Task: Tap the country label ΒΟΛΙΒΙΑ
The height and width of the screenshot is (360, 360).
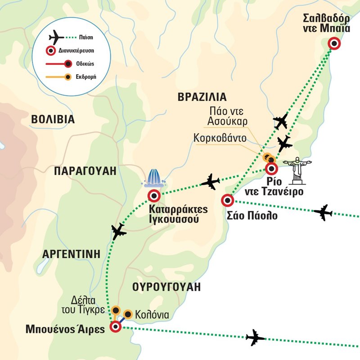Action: [x=53, y=119]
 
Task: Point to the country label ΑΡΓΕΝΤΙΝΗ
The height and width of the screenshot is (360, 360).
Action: [x=70, y=254]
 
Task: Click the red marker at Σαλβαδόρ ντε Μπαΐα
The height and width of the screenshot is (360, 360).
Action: [x=334, y=44]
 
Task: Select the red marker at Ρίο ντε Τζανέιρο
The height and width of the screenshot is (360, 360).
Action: [x=271, y=169]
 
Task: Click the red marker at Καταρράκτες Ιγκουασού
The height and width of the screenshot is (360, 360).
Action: [x=154, y=196]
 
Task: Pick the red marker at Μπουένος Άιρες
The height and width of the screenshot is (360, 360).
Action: [x=116, y=327]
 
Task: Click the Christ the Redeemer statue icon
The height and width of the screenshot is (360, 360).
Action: [x=297, y=170]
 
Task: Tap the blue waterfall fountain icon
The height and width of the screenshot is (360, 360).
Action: [x=154, y=178]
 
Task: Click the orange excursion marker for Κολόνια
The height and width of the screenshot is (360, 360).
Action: [x=128, y=314]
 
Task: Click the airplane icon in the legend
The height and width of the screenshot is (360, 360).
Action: [x=56, y=36]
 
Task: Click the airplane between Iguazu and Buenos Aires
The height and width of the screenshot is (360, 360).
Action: [x=118, y=232]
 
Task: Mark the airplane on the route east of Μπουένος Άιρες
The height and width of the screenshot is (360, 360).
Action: [x=255, y=337]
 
